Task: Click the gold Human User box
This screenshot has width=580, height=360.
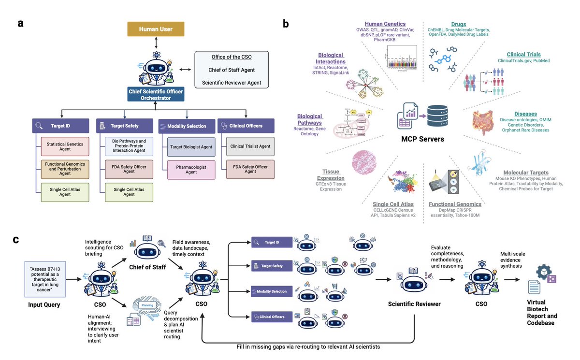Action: [156, 29]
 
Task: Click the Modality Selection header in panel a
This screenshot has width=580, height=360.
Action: [187, 126]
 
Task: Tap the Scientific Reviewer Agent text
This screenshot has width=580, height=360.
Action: [232, 83]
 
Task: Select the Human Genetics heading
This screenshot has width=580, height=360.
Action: [385, 23]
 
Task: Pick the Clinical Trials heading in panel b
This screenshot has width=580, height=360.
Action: [523, 55]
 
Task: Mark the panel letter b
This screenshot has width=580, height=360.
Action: [286, 23]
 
